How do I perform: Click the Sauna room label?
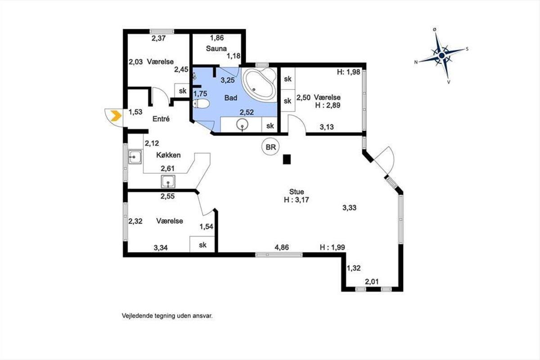tap(216, 49)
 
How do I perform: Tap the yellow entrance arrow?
tap(116, 116)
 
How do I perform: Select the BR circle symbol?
tap(270, 147)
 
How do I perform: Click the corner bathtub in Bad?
tap(259, 85)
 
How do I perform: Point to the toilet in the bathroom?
tap(201, 104)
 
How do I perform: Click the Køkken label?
tap(168, 155)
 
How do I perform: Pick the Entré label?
tap(161, 119)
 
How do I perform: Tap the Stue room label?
tap(297, 192)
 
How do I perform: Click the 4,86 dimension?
tap(282, 247)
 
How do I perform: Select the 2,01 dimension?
tap(372, 282)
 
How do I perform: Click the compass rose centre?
tap(441, 55)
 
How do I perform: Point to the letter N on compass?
tap(416, 62)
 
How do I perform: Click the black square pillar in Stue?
tap(287, 159)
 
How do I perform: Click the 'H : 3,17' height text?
tap(297, 200)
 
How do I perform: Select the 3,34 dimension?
tap(161, 247)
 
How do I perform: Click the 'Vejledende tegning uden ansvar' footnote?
tap(167, 315)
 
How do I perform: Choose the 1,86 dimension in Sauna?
tap(217, 38)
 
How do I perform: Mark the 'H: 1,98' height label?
tap(349, 72)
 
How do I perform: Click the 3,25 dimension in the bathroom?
tap(228, 80)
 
